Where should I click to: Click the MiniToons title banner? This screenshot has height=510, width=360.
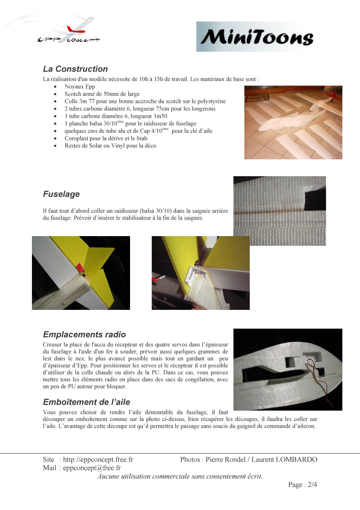click(255, 36)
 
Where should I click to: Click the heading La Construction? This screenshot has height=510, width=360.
click(75, 69)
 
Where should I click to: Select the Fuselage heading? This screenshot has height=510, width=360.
click(61, 194)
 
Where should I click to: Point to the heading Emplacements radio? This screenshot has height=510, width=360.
click(84, 335)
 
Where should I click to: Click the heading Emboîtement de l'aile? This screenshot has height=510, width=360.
click(86, 402)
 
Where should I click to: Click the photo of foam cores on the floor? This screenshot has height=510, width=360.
click(293, 122)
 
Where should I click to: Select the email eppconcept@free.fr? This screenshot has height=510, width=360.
click(95, 468)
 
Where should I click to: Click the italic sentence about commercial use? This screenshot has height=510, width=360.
click(180, 476)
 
